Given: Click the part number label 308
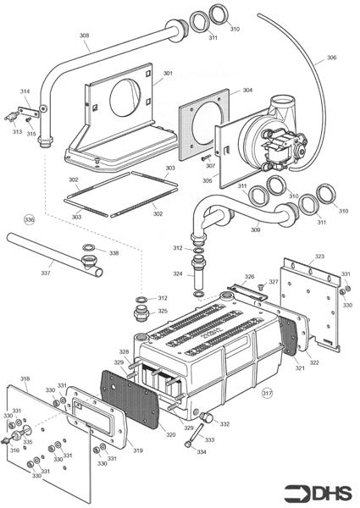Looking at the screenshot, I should tap(84, 36).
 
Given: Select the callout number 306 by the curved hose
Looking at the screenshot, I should tap(331, 58).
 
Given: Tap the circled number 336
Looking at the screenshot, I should tap(30, 219).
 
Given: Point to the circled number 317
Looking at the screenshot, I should tap(268, 393).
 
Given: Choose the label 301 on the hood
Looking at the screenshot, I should tap(168, 74).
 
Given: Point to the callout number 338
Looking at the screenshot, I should tap(114, 252).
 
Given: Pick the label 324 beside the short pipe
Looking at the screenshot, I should tap(177, 273).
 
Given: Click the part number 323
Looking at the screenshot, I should tap(319, 255).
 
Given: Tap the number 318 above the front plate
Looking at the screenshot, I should tap(25, 378).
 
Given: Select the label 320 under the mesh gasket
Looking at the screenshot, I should tap(170, 435).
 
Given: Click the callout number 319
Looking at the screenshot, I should tap(137, 450).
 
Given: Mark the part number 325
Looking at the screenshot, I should tap(163, 311).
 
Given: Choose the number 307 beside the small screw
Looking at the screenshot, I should tap(210, 166).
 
